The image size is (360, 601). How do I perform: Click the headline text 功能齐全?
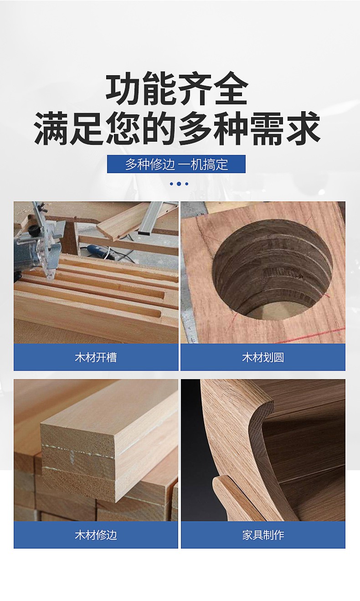(177, 88)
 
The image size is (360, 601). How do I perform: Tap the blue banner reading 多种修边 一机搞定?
(176, 164)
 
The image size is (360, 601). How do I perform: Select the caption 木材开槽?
(96, 357)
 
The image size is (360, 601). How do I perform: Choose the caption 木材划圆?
(263, 357)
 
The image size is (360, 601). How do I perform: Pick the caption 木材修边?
(96, 535)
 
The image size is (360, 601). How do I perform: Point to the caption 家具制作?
(263, 535)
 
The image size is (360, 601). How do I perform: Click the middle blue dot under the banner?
(179, 184)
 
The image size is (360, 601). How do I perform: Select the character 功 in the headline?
(123, 88)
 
